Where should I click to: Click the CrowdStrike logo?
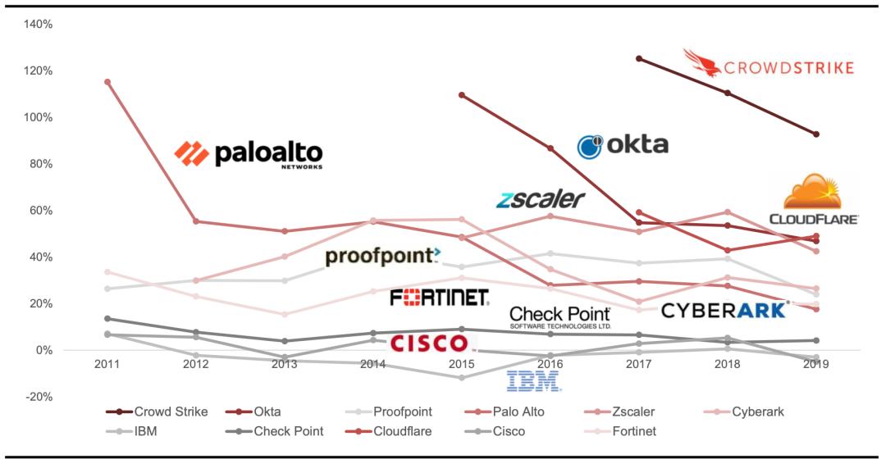769,64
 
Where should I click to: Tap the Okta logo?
623,146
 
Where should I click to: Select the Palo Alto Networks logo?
249,153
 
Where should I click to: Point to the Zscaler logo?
541,198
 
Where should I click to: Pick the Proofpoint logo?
383,257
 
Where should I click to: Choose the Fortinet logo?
440,297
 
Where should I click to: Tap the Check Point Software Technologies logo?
560,316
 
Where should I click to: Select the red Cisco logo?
428,343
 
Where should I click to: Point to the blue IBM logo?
533,380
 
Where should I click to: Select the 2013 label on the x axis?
284,364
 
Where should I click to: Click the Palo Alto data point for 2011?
107,82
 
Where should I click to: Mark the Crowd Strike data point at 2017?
639,59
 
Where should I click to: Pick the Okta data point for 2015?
462,95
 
